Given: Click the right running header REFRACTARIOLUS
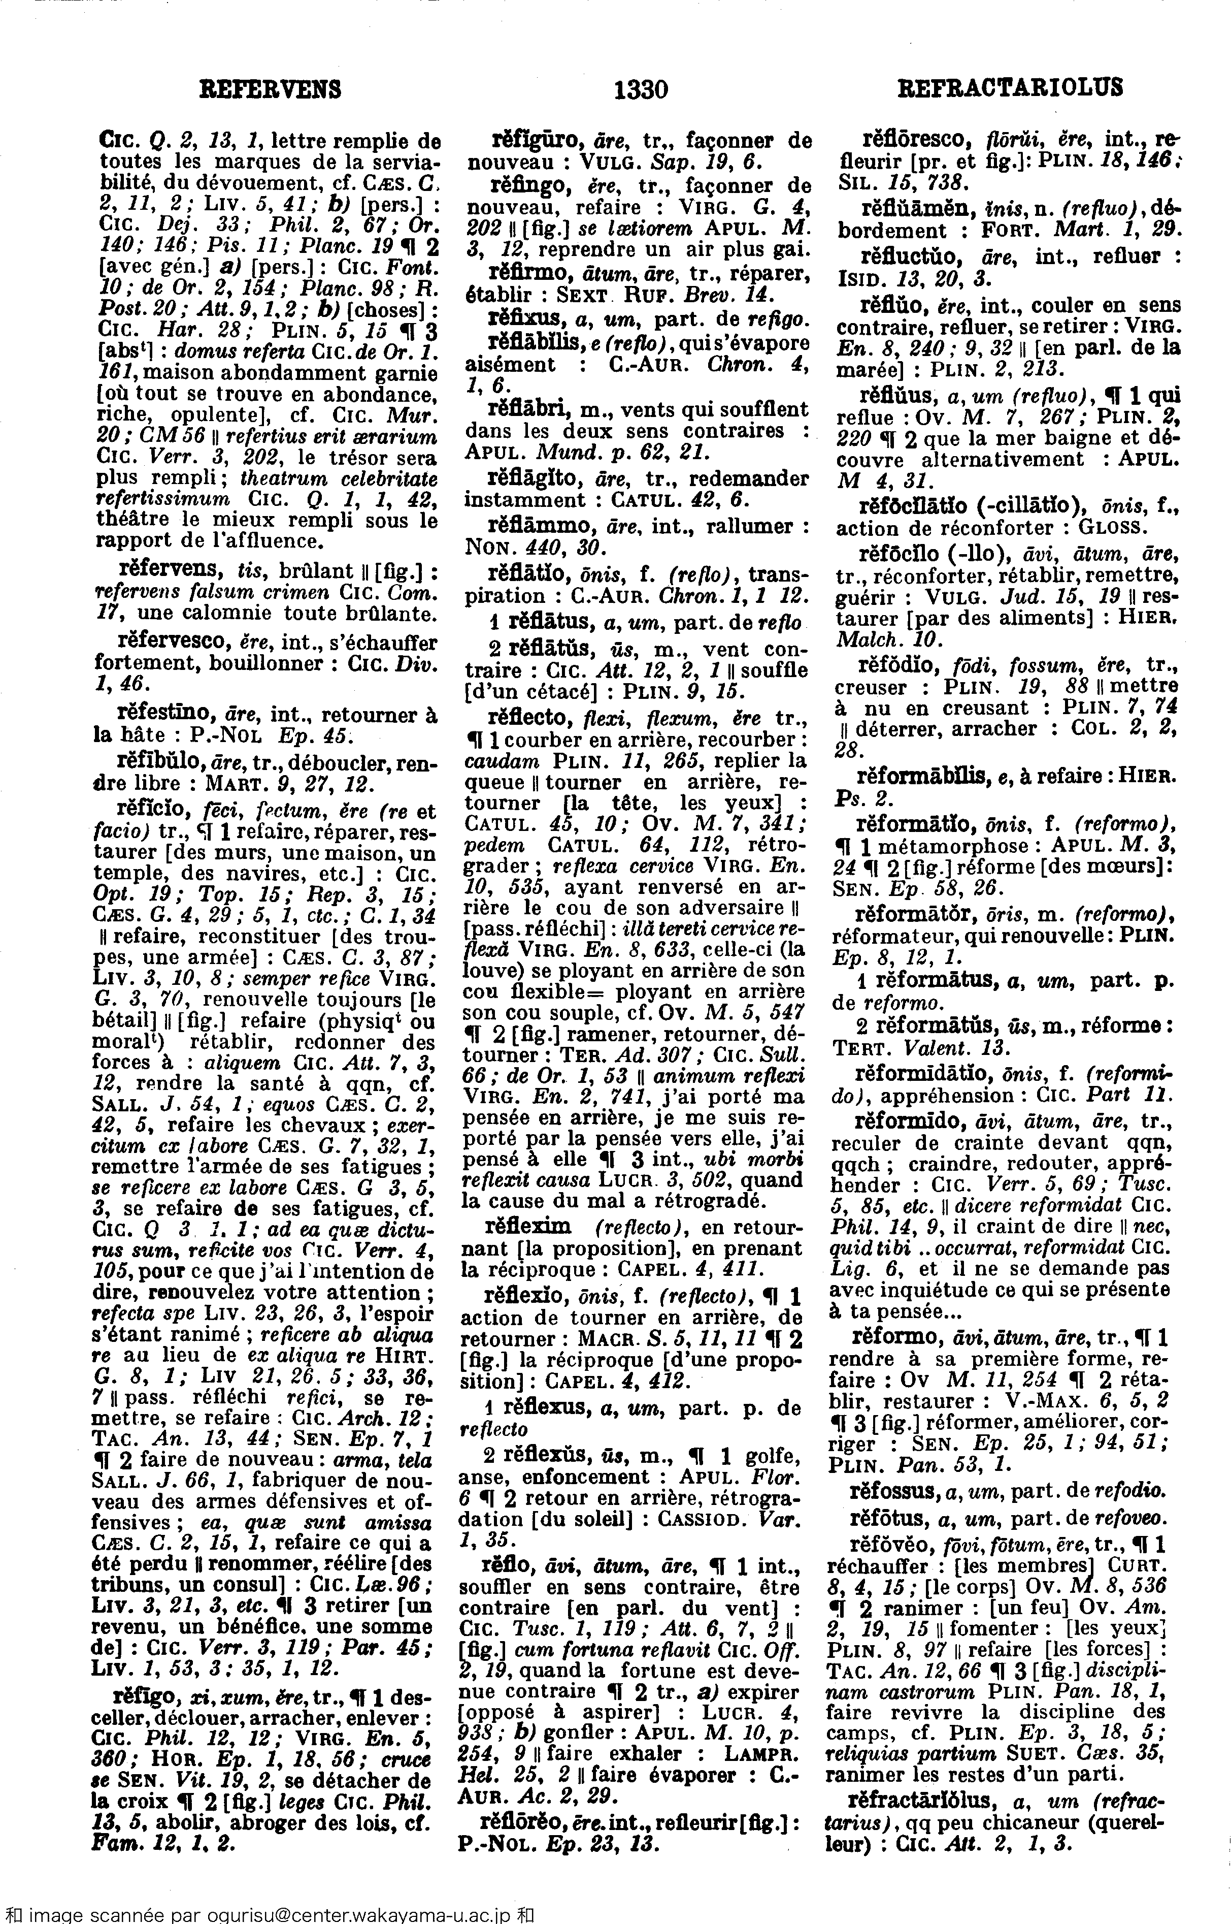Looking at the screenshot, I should tap(1010, 87).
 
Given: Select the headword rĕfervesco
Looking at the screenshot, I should tap(174, 643).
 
